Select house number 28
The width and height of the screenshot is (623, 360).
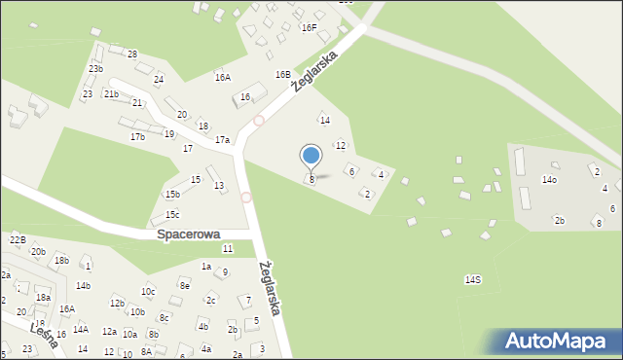click(x=132, y=54)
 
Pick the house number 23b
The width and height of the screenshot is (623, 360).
click(x=95, y=69)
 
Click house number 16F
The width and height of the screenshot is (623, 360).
click(x=310, y=28)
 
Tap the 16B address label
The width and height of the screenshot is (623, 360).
click(x=283, y=74)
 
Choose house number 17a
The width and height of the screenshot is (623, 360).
click(x=223, y=140)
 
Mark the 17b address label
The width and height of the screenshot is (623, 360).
click(x=137, y=137)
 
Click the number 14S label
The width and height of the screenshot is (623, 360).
click(x=472, y=279)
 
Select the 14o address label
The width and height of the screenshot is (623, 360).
click(x=550, y=180)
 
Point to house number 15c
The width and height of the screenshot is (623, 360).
click(x=172, y=214)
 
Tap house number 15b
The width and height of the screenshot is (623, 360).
click(x=172, y=195)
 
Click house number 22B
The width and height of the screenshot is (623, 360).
click(x=17, y=239)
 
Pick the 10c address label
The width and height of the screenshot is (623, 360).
click(x=148, y=291)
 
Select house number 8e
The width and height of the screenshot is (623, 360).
click(x=184, y=285)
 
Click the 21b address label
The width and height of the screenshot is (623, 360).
click(x=111, y=94)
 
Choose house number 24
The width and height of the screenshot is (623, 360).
click(x=159, y=79)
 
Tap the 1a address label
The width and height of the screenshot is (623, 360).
click(x=206, y=266)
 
